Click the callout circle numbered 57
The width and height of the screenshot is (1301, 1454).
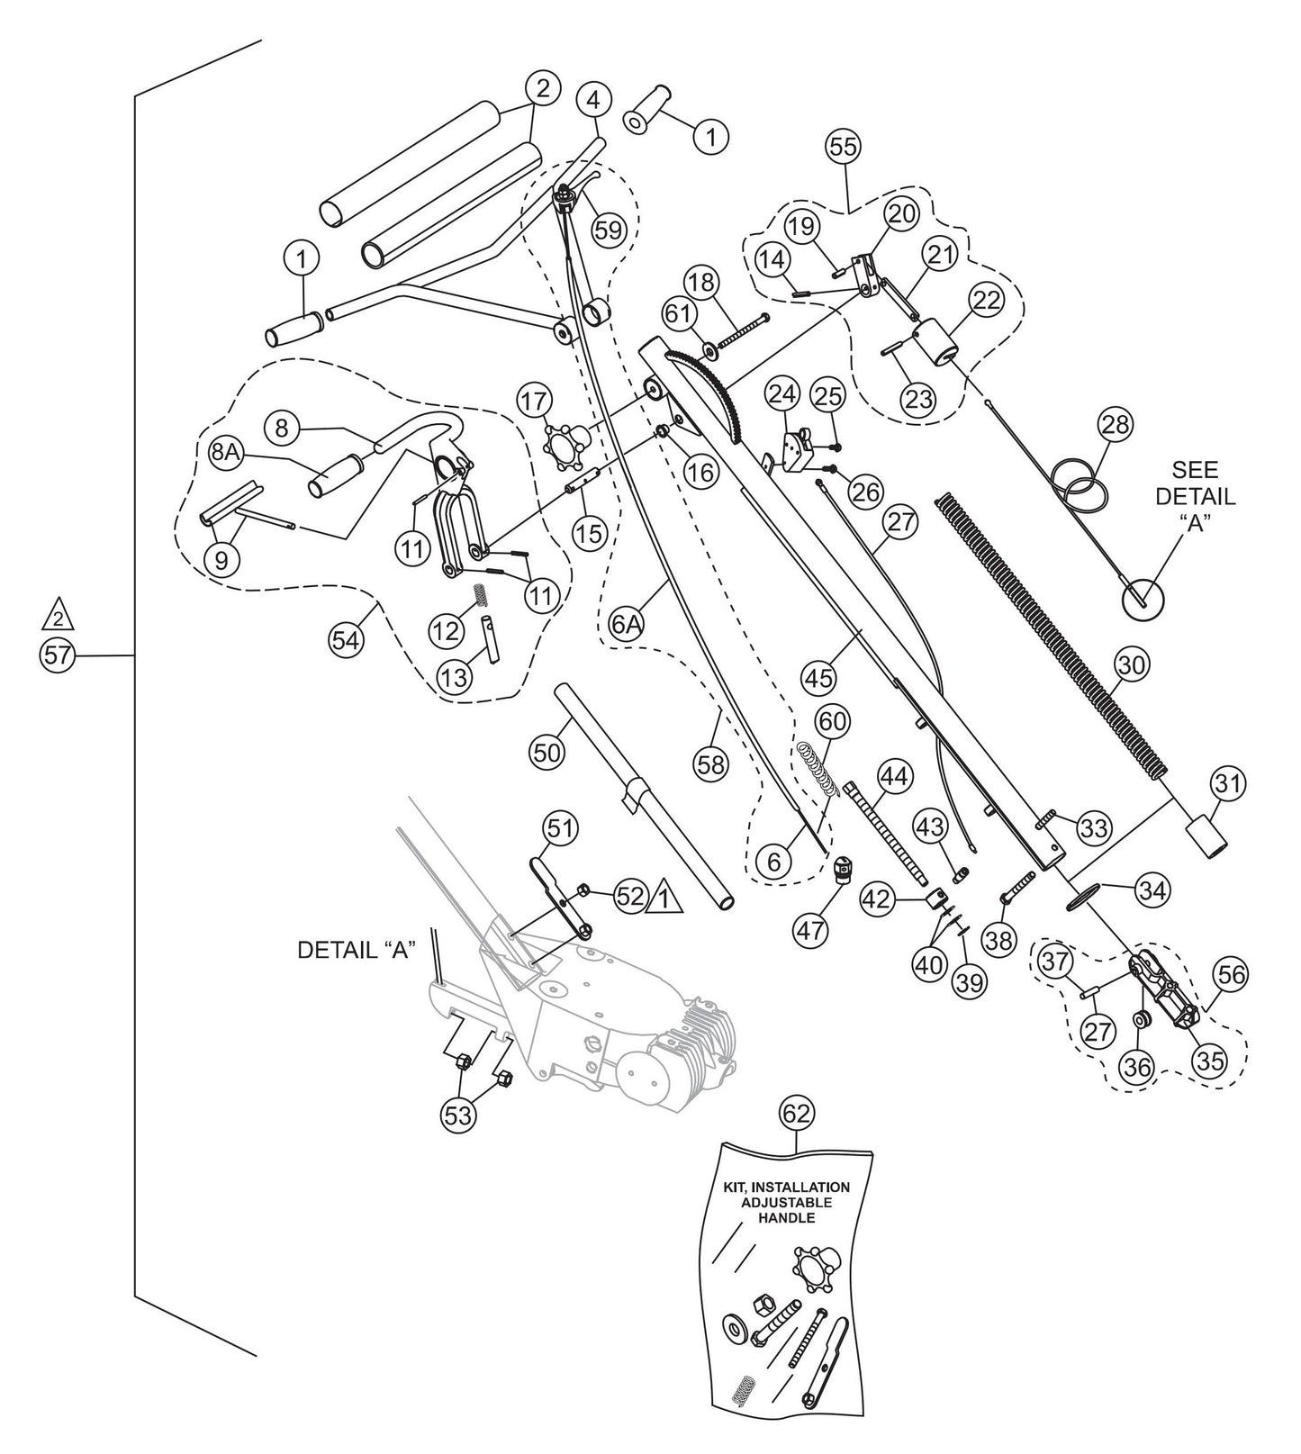pyautogui.click(x=58, y=656)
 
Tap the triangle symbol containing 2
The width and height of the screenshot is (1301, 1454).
pyautogui.click(x=58, y=618)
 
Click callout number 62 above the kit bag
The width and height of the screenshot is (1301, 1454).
pyautogui.click(x=798, y=1114)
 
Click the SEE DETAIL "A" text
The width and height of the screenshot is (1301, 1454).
pyautogui.click(x=1195, y=497)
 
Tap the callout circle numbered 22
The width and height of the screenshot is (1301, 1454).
pyautogui.click(x=987, y=301)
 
